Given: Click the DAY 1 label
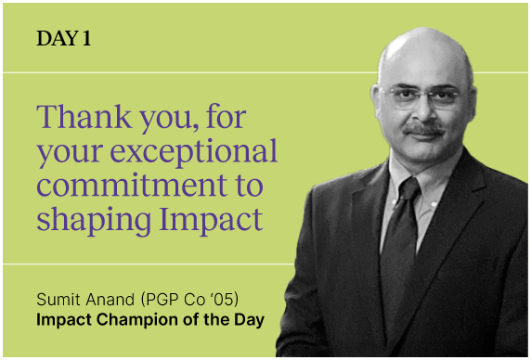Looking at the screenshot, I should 64,39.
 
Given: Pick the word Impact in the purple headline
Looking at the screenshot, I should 211,219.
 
